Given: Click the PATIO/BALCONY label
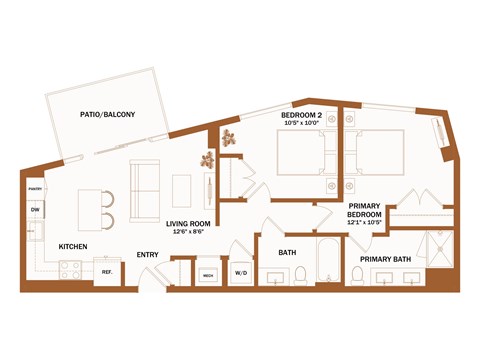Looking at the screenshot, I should (x=108, y=114).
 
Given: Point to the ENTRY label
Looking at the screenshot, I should (x=147, y=254).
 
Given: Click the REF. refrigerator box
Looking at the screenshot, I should (x=104, y=269).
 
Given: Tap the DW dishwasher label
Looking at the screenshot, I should (x=35, y=209).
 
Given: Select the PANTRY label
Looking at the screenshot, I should (x=35, y=187).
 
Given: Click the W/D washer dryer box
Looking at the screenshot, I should (x=241, y=272).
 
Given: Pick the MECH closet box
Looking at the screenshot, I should (x=209, y=273).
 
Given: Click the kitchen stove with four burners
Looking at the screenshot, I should (x=70, y=269).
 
